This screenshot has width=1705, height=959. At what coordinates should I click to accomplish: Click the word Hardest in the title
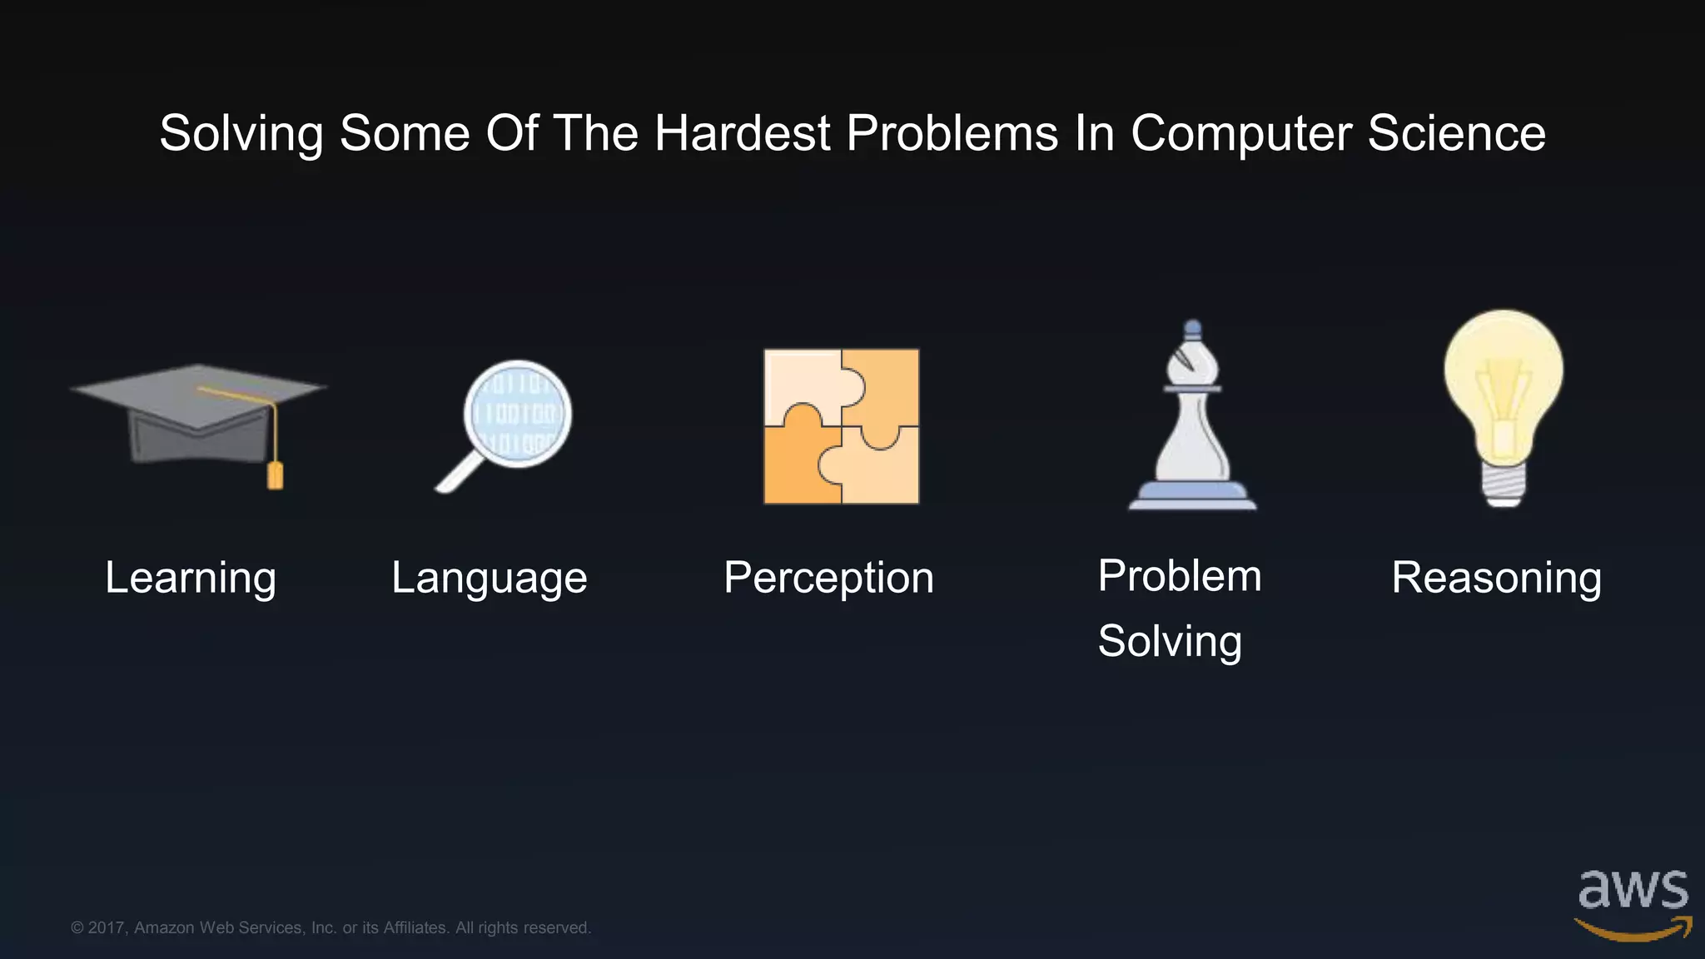(742, 133)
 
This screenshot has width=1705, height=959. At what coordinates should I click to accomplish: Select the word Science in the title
(1456, 133)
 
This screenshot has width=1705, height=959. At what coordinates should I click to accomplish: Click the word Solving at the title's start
(241, 135)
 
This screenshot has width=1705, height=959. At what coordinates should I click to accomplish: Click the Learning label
(191, 579)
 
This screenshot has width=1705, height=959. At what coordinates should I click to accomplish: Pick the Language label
(490, 579)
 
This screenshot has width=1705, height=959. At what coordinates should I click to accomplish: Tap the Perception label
(828, 579)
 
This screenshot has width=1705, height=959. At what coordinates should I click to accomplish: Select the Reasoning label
(1496, 579)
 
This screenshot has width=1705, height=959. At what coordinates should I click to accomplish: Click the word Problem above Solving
(1180, 576)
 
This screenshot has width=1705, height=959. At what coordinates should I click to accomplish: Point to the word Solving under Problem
(1170, 642)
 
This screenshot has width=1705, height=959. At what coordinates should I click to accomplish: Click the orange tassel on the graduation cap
(275, 476)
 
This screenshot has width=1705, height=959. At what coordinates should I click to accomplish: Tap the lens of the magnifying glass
(518, 414)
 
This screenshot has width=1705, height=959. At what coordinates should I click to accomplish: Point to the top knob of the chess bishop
(1192, 328)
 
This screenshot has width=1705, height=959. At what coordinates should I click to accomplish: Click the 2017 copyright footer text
(331, 927)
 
